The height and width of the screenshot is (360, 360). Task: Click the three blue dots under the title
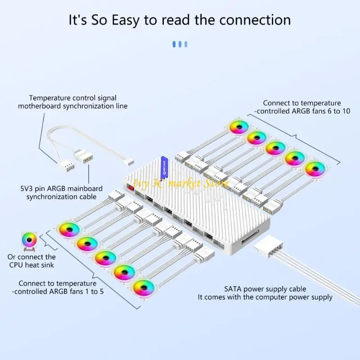pos(180,44)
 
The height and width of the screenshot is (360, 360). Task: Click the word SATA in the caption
pos(234,289)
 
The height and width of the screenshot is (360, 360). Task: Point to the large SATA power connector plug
pos(269,247)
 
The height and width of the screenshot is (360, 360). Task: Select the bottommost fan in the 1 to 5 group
pos(144,287)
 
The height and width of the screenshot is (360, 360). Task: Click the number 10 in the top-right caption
pos(345,111)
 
